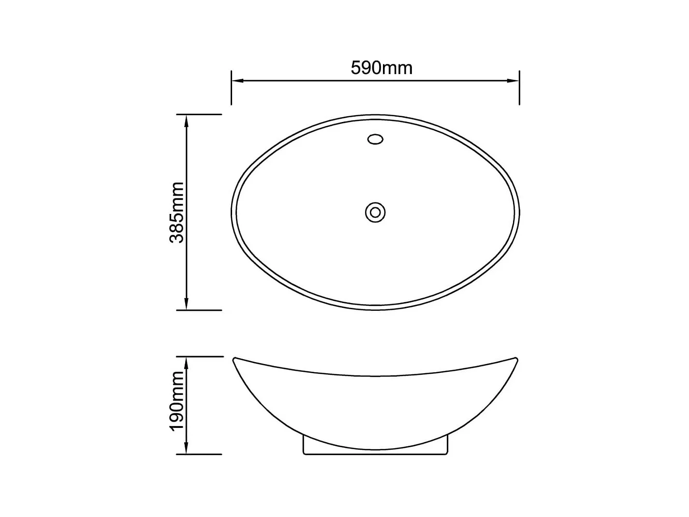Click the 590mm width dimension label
381,68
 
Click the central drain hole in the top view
375,212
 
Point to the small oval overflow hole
375,139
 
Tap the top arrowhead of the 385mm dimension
186,120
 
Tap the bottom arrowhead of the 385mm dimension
186,305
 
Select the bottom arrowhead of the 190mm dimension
186,449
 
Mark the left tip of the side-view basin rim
235,359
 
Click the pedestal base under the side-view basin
375,452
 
